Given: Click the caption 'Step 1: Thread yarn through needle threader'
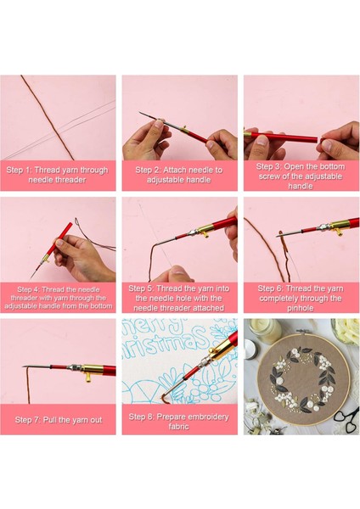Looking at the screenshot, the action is [57, 175].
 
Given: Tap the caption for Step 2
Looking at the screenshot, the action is [179, 175].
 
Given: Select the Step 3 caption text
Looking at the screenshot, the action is [301, 176].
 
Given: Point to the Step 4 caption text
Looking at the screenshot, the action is [58, 298].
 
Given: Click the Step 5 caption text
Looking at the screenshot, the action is [179, 298].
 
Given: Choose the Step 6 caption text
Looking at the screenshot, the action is [301, 298].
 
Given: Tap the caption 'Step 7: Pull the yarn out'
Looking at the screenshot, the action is [59, 420].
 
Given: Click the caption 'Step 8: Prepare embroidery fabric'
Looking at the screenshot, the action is [179, 422].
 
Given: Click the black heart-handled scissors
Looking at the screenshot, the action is [347, 421].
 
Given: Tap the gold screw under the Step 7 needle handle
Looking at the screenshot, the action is [88, 377].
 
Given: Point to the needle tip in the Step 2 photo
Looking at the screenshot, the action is [140, 113].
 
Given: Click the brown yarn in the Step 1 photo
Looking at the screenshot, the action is [48, 118].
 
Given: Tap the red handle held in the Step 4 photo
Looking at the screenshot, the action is [59, 239].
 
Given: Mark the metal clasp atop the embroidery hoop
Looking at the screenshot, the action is [302, 332].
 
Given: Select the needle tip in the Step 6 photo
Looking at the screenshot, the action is [278, 236].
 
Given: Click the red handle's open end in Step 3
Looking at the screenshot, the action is [316, 140].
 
